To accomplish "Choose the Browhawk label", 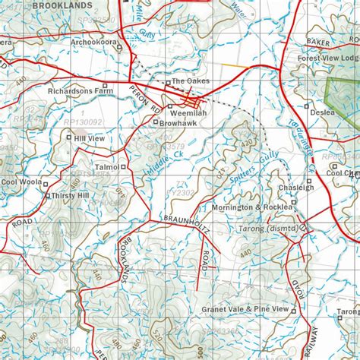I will tap(180, 122).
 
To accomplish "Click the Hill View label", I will tap(90, 139).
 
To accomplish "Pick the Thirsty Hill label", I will tap(71, 195).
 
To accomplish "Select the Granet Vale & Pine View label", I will tap(245, 310).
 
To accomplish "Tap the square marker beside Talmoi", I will tap(123, 166).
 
